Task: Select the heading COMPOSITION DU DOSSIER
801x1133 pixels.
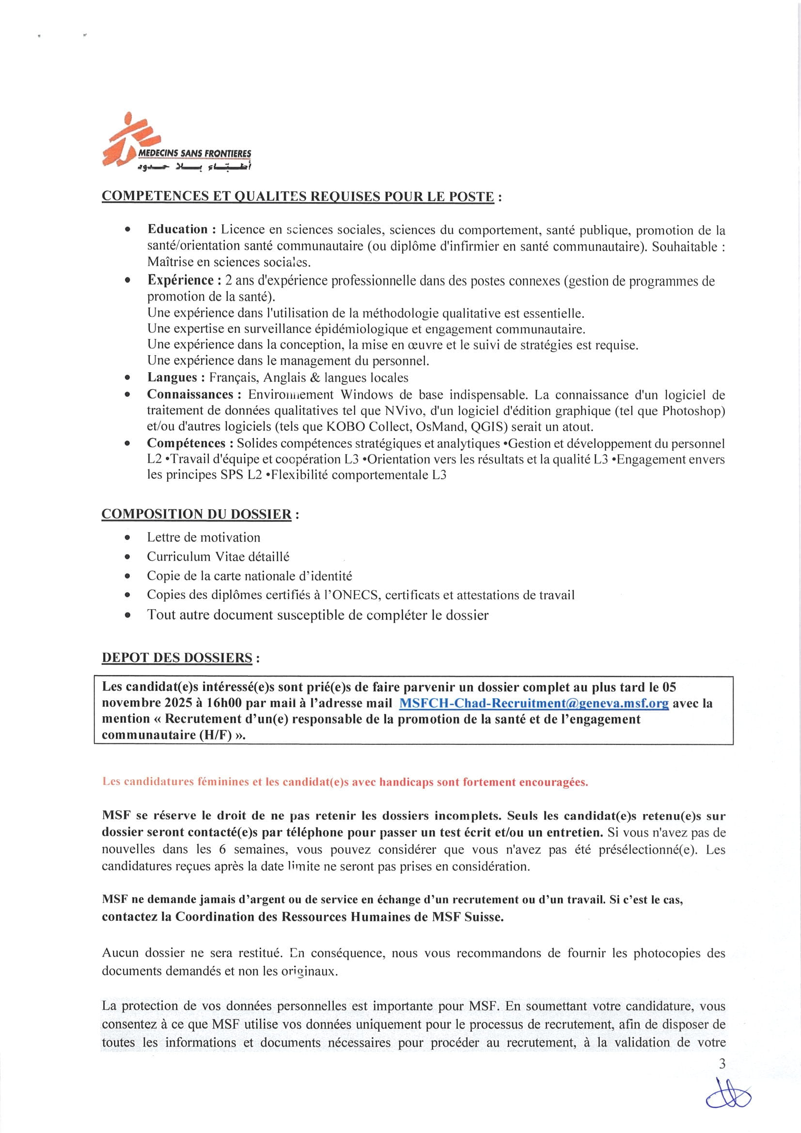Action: (x=196, y=514)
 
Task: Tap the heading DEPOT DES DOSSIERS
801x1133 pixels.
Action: (x=177, y=658)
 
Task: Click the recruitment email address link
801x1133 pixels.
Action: (x=534, y=703)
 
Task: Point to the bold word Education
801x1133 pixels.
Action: (x=178, y=230)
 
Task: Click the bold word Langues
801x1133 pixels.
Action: (x=172, y=378)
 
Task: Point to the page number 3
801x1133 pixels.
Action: (x=722, y=1064)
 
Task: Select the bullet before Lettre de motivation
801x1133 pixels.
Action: (x=128, y=537)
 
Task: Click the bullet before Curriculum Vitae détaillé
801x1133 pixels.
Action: (x=128, y=557)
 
